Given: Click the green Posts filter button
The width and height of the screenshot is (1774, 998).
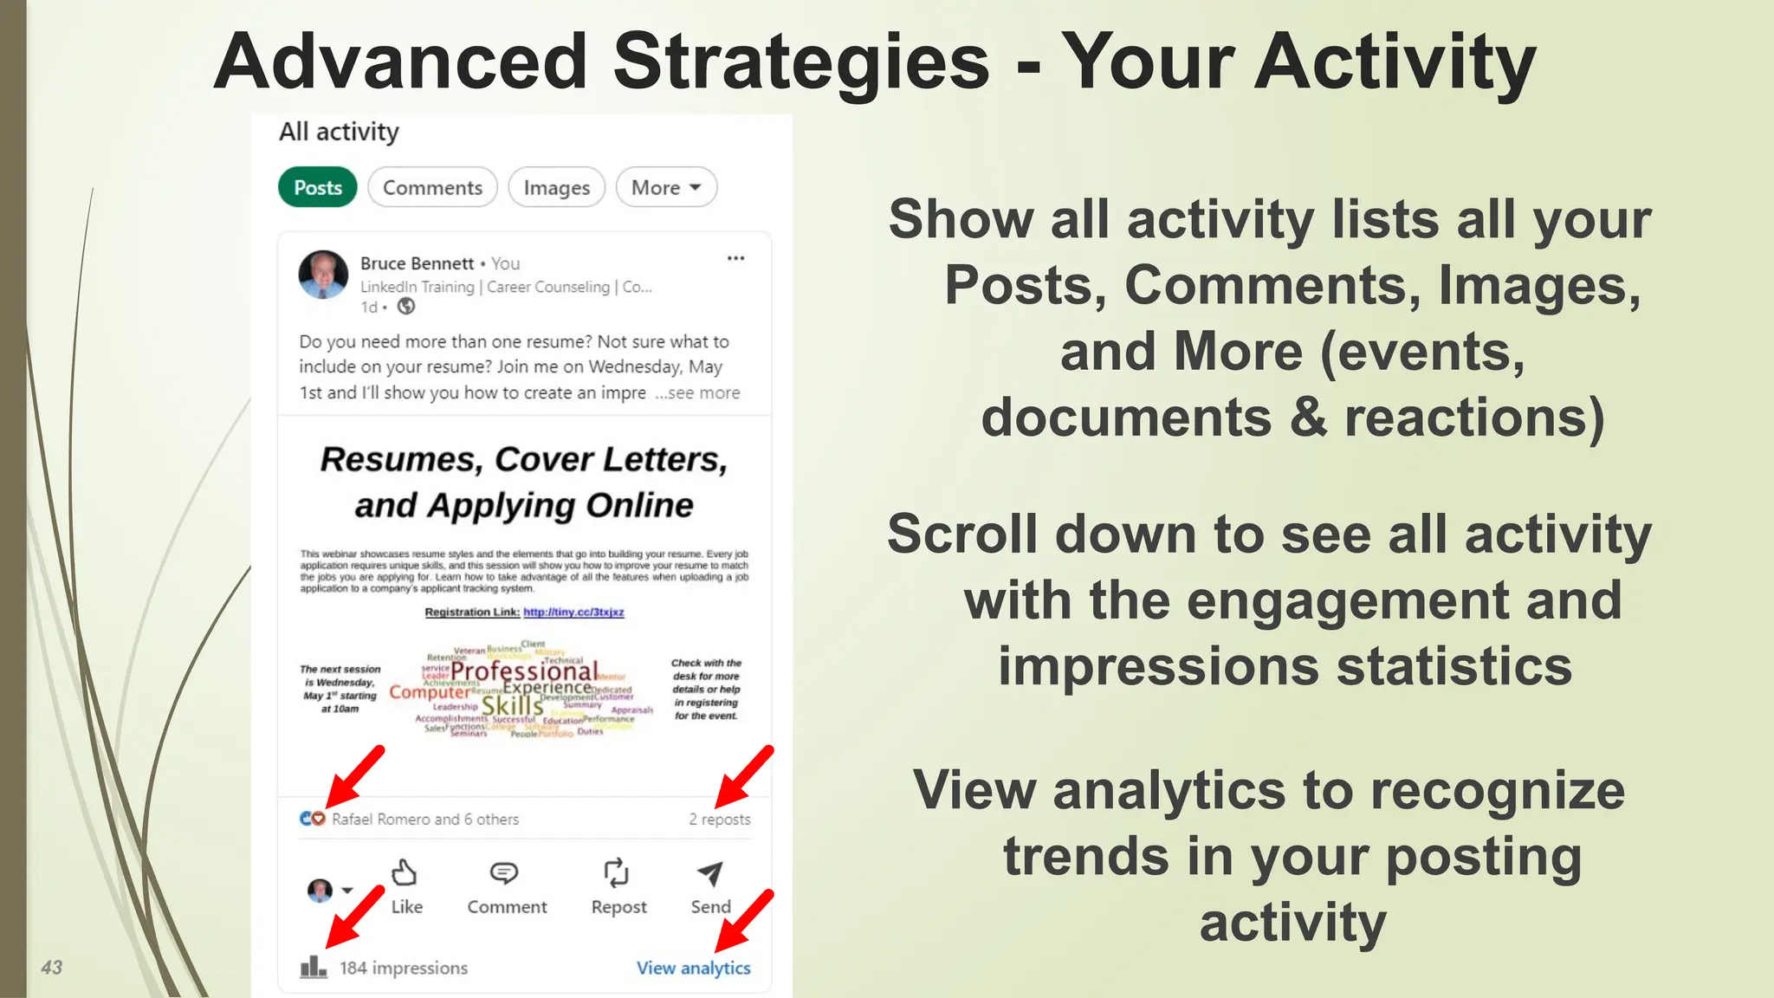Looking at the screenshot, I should tap(317, 187).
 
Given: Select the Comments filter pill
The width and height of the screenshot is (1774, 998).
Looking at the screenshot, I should tap(432, 187).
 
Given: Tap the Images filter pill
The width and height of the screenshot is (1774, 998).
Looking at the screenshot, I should tap(556, 187).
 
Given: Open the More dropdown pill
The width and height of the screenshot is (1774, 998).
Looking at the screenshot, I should tap(665, 187).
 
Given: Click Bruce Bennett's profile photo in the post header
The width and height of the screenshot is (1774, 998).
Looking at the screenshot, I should tap(323, 275).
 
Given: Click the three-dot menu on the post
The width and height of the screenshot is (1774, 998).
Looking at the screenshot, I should tap(735, 258).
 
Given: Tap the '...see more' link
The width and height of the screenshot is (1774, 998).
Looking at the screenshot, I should tap(697, 392).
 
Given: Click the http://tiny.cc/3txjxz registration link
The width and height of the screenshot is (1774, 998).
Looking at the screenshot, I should tap(573, 612).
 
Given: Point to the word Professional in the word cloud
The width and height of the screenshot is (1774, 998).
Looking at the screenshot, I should tap(523, 671).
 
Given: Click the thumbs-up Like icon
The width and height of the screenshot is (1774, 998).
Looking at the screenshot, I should tap(405, 873).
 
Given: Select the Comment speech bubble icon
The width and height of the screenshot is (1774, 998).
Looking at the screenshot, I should tap(504, 873).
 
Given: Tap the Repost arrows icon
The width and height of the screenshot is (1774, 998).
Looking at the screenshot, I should tap(616, 873).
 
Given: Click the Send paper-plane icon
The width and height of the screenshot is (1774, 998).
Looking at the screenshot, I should tap(709, 873).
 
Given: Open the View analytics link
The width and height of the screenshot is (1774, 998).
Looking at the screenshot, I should tap(693, 968).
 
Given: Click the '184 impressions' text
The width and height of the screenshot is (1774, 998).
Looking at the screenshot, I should tap(403, 968).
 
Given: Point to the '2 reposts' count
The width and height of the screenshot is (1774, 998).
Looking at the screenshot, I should tap(719, 819).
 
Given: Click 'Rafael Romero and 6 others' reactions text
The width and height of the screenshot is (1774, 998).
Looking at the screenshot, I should tap(424, 819).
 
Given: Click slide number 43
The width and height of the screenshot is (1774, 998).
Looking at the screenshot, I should tap(52, 968).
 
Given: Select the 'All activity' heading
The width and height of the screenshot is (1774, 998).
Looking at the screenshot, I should tap(339, 132).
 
